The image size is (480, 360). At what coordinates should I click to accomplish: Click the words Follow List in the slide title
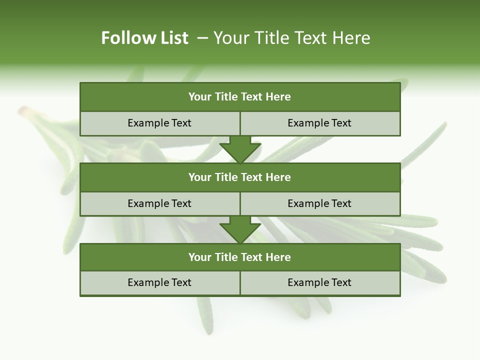[144, 38]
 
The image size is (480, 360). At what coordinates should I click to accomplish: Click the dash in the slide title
[202, 38]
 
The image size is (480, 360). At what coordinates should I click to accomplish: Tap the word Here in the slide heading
[350, 38]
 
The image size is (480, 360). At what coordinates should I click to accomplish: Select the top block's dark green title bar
[240, 97]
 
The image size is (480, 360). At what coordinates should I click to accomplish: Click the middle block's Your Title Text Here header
[240, 177]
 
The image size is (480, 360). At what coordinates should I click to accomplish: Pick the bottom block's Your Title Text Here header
[240, 257]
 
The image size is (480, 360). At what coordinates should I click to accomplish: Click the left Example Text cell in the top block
[160, 123]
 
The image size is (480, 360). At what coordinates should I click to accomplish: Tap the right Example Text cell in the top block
[320, 123]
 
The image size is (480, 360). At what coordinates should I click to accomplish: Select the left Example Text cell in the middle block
[160, 203]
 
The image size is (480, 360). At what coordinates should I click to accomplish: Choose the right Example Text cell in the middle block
[320, 203]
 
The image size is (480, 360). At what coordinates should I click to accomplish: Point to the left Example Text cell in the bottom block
[160, 282]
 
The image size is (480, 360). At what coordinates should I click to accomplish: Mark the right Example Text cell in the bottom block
[320, 282]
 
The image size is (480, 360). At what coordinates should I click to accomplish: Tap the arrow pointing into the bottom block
[240, 229]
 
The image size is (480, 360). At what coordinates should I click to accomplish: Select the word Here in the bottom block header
[278, 257]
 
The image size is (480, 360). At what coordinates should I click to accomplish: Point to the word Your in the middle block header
[200, 177]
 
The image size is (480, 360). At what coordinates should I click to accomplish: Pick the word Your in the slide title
[227, 38]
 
